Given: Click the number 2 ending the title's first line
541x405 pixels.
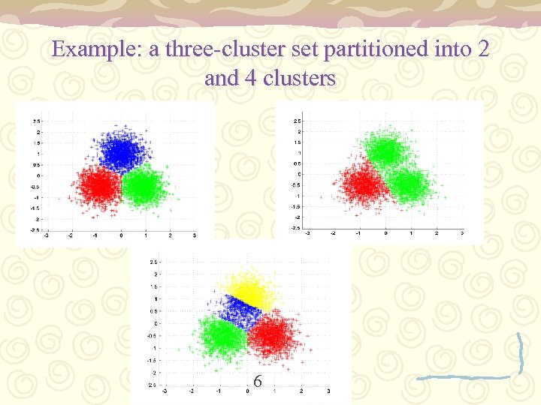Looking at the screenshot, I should pos(482,50).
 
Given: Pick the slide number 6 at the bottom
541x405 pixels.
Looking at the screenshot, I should pos(258,382).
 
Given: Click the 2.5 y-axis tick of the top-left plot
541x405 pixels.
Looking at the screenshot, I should pos(36,120).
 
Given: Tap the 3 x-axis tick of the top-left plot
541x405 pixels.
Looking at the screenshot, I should pos(195,235).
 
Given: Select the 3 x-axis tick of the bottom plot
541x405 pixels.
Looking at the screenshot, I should pos(329,391).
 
